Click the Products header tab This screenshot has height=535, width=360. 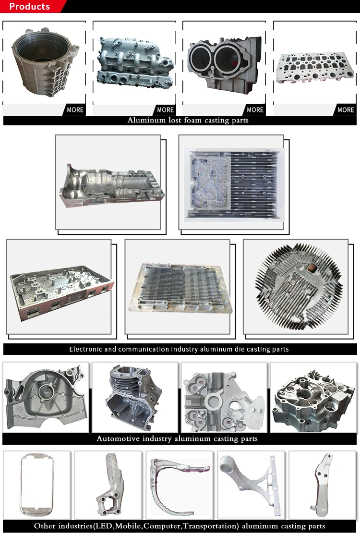point(30,7)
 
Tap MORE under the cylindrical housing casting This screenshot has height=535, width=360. point(75,110)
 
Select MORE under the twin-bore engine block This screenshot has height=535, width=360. point(255,110)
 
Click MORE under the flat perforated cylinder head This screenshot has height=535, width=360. point(346,110)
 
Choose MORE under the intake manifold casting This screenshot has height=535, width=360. point(165,110)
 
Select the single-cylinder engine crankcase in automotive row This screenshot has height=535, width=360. point(134,396)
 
